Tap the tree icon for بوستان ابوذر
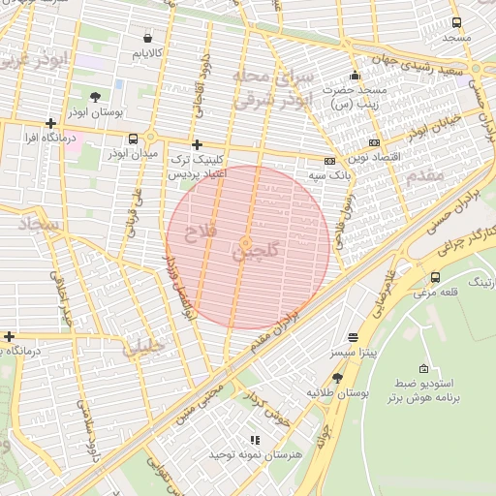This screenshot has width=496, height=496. point(95,97)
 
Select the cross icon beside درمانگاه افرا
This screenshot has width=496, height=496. point(50,123)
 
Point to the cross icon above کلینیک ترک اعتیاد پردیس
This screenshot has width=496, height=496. point(198,142)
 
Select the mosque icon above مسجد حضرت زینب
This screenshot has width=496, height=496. point(356,75)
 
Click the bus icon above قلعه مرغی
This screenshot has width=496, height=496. point(436,277)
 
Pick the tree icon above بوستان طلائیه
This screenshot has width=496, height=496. point(337,378)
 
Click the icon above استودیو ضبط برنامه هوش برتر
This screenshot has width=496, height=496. point(423,368)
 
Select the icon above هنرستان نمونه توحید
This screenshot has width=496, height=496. point(256,440)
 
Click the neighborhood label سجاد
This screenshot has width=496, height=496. point(39,225)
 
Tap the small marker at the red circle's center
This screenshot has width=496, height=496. point(248,242)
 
